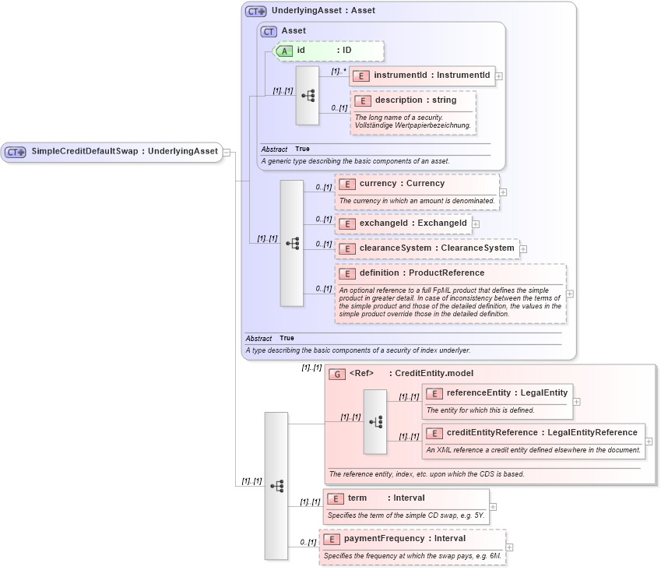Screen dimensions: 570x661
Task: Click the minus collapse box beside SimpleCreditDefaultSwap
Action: [227, 152]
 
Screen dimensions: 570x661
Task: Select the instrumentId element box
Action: [423, 76]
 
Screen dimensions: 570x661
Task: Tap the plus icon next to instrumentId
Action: [499, 76]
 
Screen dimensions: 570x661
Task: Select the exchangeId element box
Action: [404, 223]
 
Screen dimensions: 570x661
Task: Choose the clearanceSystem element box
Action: [427, 248]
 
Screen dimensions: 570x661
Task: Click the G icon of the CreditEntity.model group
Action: [337, 374]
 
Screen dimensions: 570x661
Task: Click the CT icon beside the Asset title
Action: [269, 31]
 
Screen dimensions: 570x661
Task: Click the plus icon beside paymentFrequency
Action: [510, 547]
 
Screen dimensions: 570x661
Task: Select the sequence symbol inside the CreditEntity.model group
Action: [375, 421]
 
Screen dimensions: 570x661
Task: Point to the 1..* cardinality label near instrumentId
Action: [338, 71]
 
